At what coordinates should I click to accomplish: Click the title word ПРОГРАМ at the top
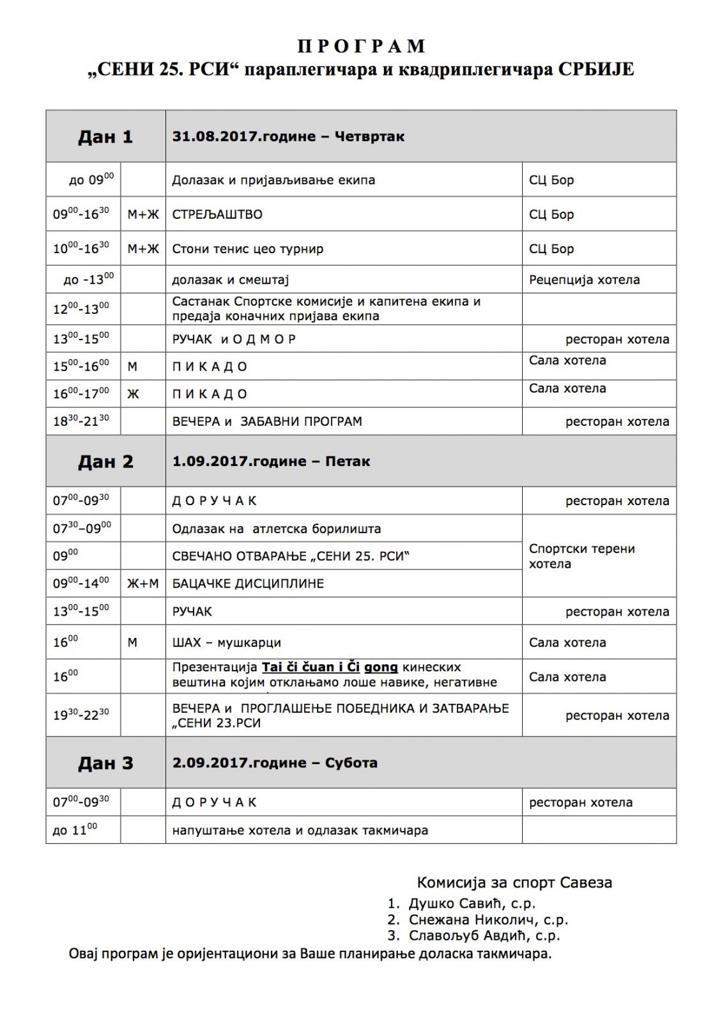tap(361, 46)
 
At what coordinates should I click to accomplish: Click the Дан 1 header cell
tap(105, 136)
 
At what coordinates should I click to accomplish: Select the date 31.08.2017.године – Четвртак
tap(288, 136)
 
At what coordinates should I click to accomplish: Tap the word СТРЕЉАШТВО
tap(217, 214)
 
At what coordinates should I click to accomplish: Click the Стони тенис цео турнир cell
tap(248, 249)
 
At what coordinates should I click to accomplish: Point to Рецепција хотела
tap(584, 279)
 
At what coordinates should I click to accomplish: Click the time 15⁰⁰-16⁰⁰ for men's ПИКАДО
tap(81, 366)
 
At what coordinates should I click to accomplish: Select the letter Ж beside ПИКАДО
tap(133, 394)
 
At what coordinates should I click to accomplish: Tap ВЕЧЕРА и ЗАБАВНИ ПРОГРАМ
tap(267, 421)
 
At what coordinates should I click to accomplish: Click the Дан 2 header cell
tap(105, 461)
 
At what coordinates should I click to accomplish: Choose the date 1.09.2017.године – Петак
tap(271, 461)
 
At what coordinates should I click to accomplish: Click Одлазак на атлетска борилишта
tap(276, 529)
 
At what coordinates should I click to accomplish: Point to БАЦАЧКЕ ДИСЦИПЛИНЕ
tap(248, 583)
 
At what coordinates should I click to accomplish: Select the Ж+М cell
tap(142, 583)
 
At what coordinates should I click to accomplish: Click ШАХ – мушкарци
tap(226, 642)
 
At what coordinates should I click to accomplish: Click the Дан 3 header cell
tap(105, 763)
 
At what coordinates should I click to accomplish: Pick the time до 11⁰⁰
tap(75, 830)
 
